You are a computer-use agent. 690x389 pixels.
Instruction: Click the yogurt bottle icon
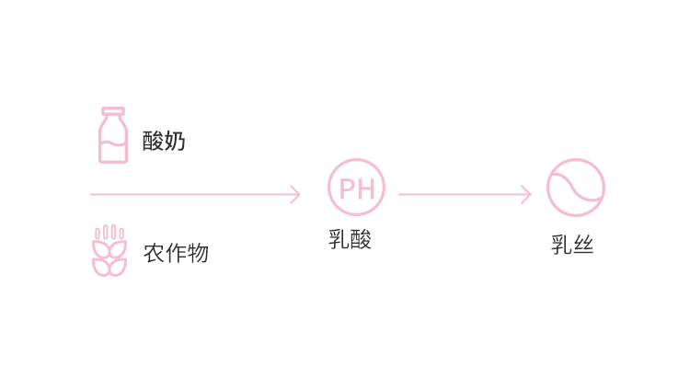(113, 136)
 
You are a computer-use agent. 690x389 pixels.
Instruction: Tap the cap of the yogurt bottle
(113, 111)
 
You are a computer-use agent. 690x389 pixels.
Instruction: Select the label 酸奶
(164, 141)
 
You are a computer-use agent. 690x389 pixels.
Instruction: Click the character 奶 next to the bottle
(175, 141)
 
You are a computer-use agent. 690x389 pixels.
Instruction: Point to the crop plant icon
(109, 251)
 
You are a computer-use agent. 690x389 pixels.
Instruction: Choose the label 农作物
(176, 253)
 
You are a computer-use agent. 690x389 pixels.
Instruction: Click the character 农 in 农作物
(154, 253)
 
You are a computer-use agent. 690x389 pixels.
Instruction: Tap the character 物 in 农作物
(198, 253)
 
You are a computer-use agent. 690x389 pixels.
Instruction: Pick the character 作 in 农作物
(176, 253)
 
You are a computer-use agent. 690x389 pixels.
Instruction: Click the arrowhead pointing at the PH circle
(295, 194)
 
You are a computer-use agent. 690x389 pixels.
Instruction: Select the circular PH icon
(357, 188)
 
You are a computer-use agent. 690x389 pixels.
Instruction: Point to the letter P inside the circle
(348, 189)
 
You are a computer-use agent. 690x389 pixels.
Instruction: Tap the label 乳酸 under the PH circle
(350, 239)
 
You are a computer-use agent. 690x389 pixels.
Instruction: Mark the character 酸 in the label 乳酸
(361, 239)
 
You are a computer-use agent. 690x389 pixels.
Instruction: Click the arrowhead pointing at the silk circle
(526, 194)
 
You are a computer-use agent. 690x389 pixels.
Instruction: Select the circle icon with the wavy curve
(576, 188)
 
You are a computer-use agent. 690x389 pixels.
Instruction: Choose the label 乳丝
(572, 246)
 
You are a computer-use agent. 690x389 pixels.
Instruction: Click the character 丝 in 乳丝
(583, 246)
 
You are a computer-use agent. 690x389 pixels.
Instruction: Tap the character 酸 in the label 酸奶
(153, 141)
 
